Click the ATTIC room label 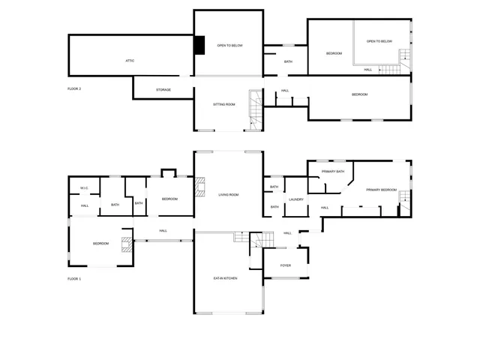click(x=130, y=60)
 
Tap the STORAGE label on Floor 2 click(x=163, y=90)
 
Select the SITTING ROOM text click(x=223, y=104)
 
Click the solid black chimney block click(x=199, y=46)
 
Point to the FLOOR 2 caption click(x=74, y=88)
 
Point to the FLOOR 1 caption click(x=74, y=279)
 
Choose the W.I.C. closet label click(x=85, y=188)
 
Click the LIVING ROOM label click(x=228, y=195)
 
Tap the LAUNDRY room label click(x=295, y=199)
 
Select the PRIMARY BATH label click(x=332, y=172)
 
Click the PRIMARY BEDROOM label click(x=381, y=190)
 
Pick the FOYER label click(x=285, y=265)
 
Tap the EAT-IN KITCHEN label click(x=225, y=279)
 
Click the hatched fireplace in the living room click(x=199, y=187)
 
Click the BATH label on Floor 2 click(x=288, y=61)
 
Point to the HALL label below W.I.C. click(x=85, y=205)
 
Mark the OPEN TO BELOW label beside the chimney click(x=228, y=46)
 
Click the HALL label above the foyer click(x=287, y=233)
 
